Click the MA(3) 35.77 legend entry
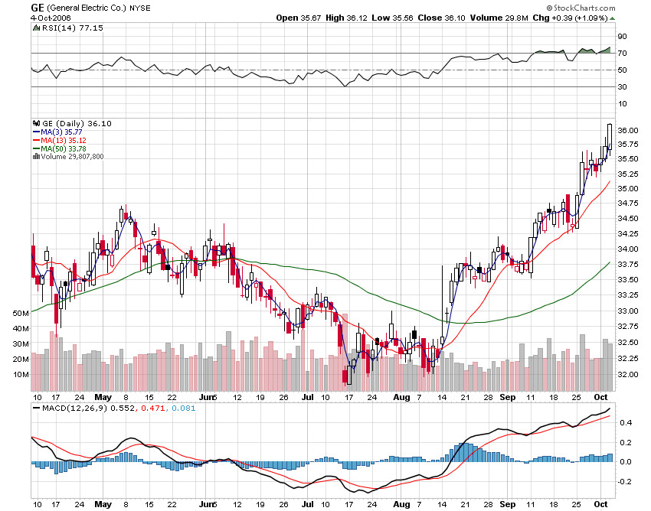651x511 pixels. [64, 132]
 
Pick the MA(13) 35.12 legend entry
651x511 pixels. [65, 140]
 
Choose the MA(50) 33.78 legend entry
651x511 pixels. [65, 148]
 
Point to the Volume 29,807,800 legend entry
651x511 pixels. [73, 157]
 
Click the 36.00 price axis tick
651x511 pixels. [628, 131]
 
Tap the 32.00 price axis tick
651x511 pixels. [628, 375]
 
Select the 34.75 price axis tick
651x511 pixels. [628, 203]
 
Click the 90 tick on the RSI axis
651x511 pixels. [623, 37]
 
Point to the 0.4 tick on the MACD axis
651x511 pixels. [625, 422]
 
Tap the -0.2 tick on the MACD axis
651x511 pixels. [625, 482]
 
